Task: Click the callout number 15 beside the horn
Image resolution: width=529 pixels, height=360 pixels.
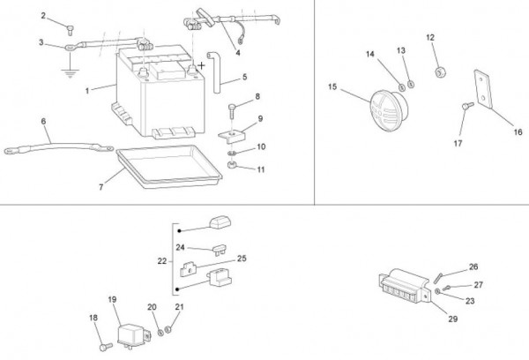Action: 332,86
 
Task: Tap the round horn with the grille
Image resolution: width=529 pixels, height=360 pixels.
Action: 389,109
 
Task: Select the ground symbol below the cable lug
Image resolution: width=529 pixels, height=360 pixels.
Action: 70,73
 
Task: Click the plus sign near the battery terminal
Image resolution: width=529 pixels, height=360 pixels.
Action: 201,65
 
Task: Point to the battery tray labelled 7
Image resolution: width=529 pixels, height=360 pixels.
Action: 169,166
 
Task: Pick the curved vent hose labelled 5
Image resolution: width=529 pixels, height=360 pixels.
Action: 214,71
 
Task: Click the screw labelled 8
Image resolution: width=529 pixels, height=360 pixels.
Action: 232,112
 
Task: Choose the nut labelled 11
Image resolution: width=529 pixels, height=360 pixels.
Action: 232,165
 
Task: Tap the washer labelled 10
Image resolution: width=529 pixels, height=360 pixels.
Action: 232,154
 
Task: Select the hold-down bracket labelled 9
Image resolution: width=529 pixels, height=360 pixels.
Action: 232,136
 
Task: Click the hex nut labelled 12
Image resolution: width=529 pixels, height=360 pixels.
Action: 440,72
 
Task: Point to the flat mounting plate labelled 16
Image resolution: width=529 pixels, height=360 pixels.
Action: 483,89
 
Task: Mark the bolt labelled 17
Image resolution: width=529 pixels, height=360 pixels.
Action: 467,106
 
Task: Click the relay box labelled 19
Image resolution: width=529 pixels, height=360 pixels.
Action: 134,335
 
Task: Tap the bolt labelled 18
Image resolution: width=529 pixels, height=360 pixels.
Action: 106,347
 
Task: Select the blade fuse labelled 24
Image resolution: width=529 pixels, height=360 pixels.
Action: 219,250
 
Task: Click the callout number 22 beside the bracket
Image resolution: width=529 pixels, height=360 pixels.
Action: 162,261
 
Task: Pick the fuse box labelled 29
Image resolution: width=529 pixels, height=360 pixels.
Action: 405,286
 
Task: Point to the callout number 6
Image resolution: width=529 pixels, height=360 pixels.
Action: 43,121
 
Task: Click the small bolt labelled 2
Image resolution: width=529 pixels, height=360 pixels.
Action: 71,30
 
